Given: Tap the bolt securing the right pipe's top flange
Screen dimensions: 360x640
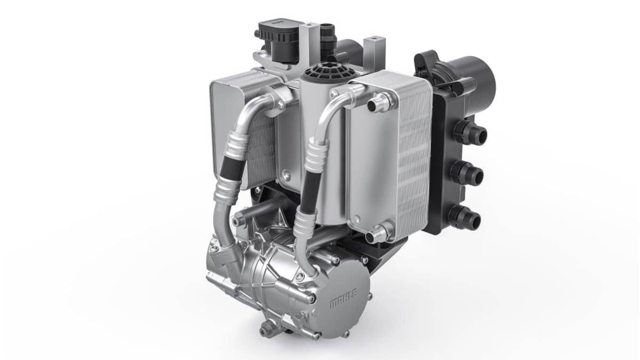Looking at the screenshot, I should [334, 94].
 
